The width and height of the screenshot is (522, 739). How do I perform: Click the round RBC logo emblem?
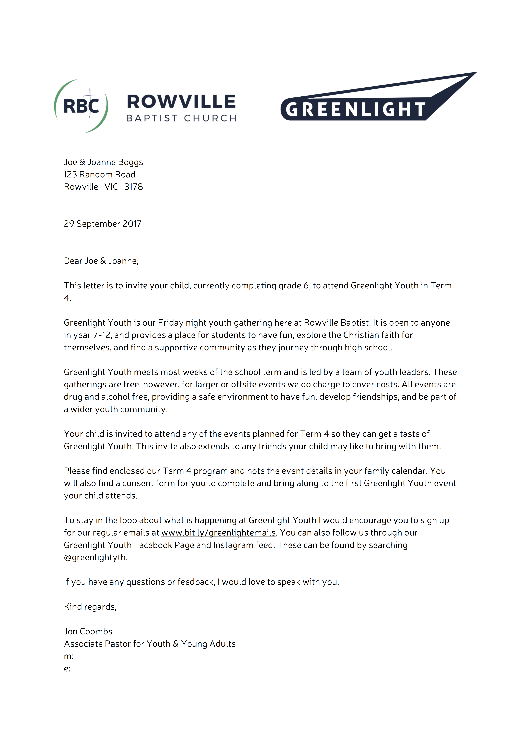(81, 106)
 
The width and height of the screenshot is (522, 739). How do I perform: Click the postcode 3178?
(134, 187)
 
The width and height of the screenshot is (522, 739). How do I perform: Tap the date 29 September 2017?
(103, 224)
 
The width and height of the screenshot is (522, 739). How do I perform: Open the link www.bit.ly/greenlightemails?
(218, 533)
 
